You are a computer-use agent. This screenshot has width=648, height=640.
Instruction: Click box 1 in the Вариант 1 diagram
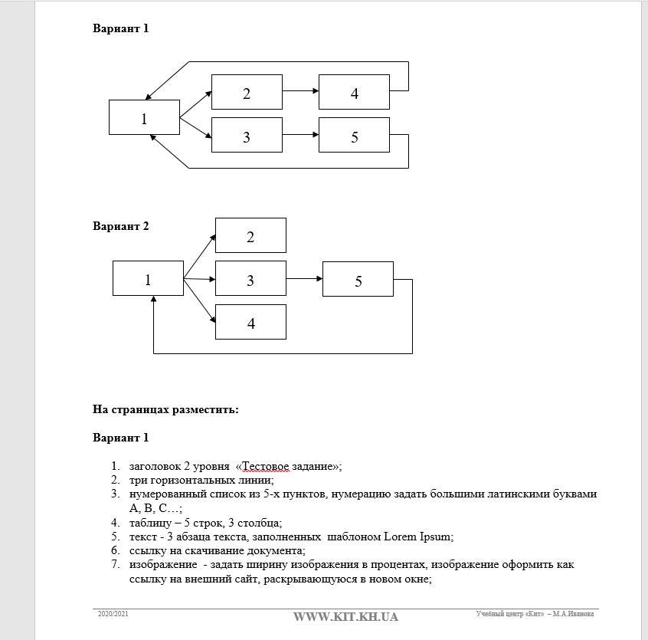144,118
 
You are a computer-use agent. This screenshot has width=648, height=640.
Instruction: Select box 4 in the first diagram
354,93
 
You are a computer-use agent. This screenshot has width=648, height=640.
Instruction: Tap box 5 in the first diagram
354,136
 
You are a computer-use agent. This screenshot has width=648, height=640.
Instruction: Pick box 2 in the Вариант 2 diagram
250,236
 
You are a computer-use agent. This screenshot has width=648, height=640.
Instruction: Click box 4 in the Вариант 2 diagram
250,323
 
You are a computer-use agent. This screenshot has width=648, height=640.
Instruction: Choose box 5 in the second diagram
358,280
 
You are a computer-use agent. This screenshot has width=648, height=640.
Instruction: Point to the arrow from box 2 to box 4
300,90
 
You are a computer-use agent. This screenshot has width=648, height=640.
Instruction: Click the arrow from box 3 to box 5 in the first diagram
300,134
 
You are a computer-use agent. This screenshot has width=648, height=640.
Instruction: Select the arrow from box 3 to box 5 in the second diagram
304,278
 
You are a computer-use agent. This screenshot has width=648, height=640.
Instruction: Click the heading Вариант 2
121,226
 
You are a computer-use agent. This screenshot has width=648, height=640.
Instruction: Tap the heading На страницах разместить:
165,409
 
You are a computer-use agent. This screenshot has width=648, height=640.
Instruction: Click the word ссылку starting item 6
147,550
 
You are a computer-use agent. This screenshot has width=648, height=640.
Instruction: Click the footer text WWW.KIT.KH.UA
345,617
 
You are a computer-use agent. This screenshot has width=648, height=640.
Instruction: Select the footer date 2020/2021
113,614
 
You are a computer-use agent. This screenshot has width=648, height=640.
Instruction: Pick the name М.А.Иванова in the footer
574,614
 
